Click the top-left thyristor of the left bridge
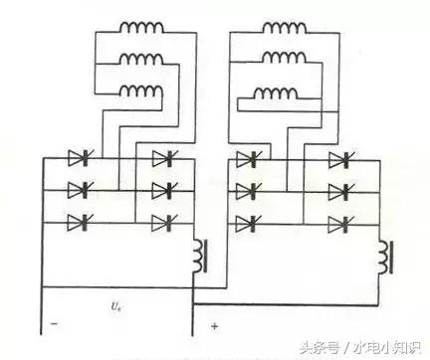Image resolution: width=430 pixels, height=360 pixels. tap(78, 157)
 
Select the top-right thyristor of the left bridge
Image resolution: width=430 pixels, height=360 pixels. tap(160, 157)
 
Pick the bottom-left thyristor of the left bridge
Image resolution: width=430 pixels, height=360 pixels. tap(78, 222)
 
